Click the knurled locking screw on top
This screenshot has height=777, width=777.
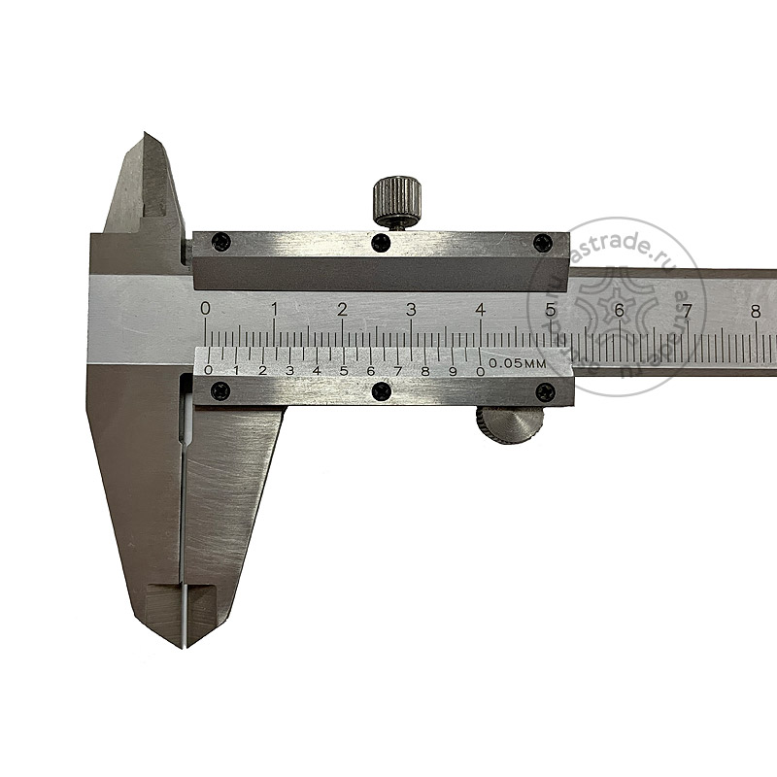coord(398,202)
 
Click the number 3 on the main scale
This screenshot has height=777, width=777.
coord(411,310)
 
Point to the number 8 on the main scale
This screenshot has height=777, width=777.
coord(756,312)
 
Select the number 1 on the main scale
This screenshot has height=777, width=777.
coord(274,309)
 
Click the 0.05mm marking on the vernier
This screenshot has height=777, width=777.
coord(518,363)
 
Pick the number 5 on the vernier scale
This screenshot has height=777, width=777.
coord(344,371)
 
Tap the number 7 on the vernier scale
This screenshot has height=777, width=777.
coord(397,371)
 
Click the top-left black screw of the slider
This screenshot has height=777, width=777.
coord(220,242)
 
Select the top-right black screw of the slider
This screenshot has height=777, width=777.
coord(542,243)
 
